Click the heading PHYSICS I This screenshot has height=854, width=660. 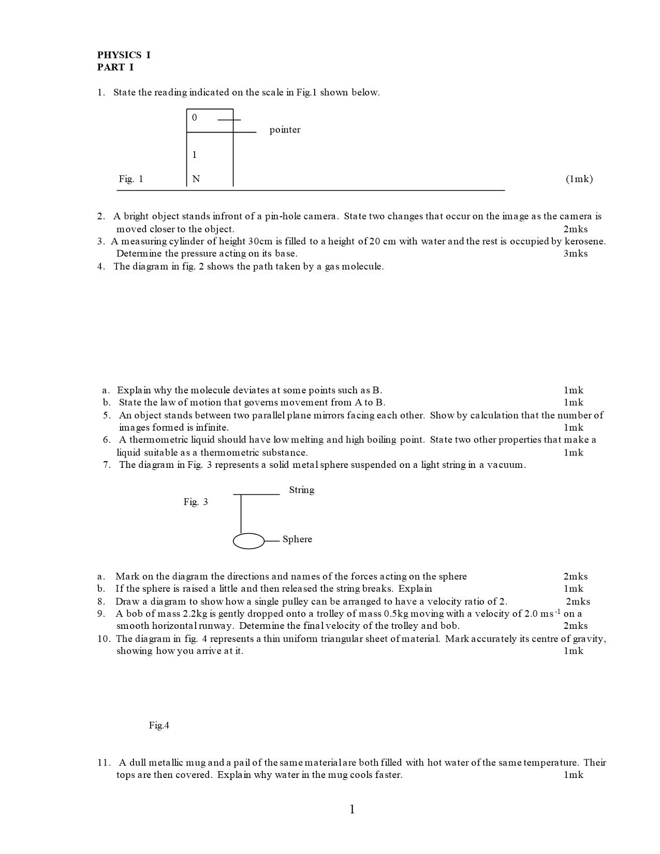124,55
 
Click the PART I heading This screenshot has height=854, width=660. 115,67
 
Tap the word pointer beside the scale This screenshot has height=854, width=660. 285,130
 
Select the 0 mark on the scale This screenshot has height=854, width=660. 195,117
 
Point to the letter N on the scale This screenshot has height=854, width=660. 196,179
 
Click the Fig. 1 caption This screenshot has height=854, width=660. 131,179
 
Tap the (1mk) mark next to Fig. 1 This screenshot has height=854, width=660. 579,179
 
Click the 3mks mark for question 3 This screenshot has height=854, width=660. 576,254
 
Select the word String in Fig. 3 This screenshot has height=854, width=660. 301,490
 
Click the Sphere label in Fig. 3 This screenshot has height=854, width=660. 297,539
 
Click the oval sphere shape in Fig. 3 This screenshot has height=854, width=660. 249,541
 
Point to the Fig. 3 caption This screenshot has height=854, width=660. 196,502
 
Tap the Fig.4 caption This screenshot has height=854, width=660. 159,726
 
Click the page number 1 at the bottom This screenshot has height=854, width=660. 353,809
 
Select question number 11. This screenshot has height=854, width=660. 104,763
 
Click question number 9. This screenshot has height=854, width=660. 101,614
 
